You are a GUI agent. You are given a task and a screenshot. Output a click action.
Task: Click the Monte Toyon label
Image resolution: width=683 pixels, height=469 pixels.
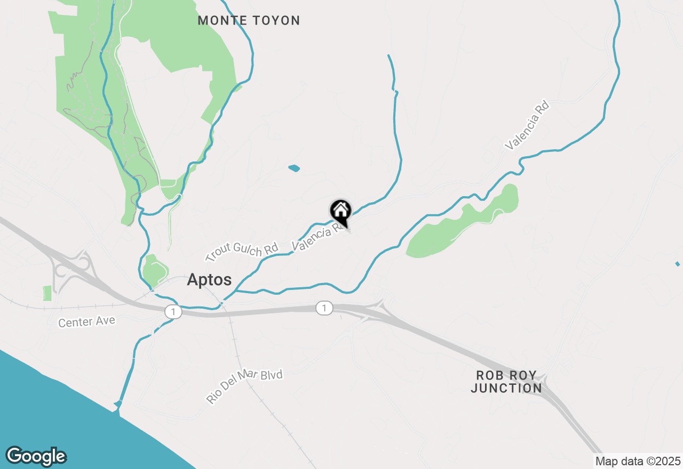coord(249,21)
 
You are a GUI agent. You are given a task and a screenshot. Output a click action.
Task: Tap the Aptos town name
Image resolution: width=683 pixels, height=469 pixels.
coord(209,280)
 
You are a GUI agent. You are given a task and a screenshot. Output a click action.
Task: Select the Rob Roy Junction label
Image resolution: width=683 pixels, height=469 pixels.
coord(506,382)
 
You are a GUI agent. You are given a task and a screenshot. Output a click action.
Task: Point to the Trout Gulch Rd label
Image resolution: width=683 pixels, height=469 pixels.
coord(242,251)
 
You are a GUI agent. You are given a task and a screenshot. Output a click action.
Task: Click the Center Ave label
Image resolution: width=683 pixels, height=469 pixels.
coord(86,322)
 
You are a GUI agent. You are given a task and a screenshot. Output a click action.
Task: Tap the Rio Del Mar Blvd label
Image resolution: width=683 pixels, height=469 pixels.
coord(244,386)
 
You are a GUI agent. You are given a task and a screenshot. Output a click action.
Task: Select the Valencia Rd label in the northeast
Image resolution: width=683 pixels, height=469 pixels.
coord(527,126)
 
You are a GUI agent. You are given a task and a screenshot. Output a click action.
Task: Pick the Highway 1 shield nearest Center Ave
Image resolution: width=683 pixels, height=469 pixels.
coord(173,312)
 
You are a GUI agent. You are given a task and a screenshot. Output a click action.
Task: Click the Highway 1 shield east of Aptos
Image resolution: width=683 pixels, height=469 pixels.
coord(324,308)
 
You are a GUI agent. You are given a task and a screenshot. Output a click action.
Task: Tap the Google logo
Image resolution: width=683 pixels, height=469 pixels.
coord(36,456)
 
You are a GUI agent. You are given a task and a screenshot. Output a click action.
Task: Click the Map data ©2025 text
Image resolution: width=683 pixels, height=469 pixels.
coord(638,461)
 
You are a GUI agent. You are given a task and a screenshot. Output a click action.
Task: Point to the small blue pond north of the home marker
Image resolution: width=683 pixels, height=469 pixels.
coord(294,168)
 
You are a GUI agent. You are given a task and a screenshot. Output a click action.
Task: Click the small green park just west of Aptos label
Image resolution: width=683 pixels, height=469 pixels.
coord(155,271)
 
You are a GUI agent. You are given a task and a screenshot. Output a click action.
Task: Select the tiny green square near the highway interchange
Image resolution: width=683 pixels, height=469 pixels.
coord(47,293)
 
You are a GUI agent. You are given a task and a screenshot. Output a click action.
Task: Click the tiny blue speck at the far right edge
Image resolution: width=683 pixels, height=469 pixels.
coord(678,264)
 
